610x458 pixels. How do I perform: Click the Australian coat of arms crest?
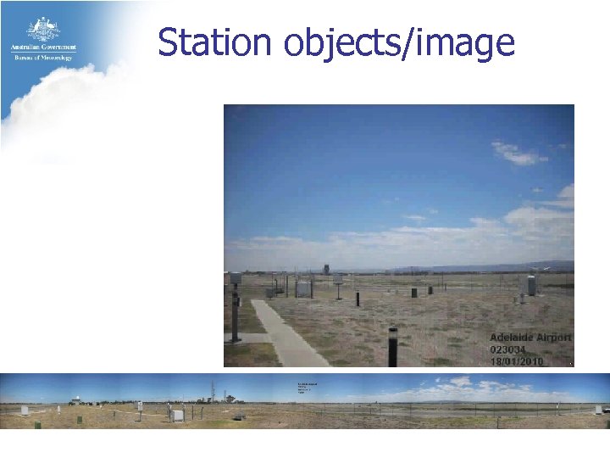(42, 28)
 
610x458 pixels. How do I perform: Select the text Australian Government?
(43, 47)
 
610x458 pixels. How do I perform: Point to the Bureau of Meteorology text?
(43, 57)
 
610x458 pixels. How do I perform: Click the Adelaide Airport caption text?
(530, 337)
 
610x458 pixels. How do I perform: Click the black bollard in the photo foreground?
(392, 346)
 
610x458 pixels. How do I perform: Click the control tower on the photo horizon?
(326, 269)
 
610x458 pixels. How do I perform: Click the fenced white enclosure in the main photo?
(302, 288)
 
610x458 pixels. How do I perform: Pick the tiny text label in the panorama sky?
(306, 388)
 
